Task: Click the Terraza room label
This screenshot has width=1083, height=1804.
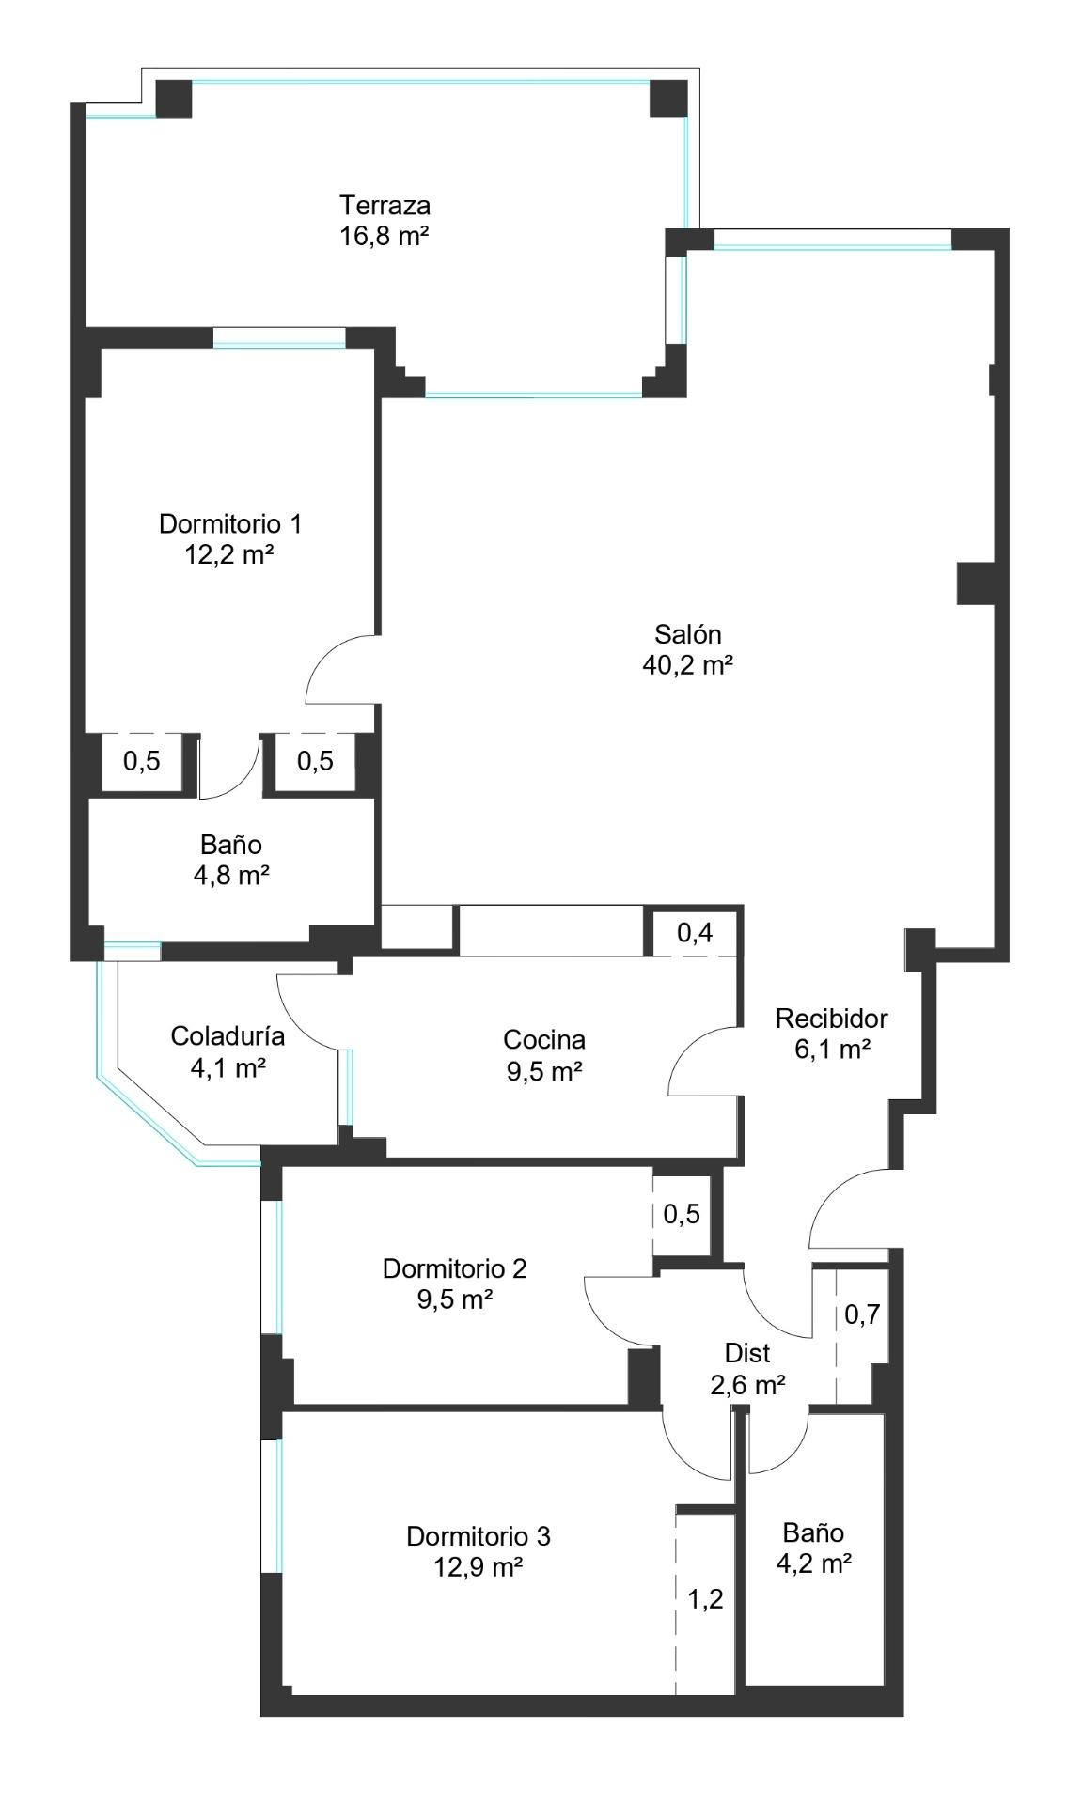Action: pyautogui.click(x=385, y=205)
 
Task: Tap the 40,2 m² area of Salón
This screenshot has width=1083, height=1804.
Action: pyautogui.click(x=688, y=665)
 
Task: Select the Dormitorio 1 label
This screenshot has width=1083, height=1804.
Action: pyautogui.click(x=230, y=523)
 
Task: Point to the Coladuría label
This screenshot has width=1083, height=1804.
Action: pyautogui.click(x=228, y=1036)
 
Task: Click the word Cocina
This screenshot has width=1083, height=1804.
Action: pyautogui.click(x=544, y=1039)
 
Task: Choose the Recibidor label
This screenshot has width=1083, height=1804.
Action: pyautogui.click(x=832, y=1018)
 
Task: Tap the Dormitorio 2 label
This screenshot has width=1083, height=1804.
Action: pyautogui.click(x=454, y=1268)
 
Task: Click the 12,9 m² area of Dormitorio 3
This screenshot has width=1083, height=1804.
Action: pyautogui.click(x=479, y=1567)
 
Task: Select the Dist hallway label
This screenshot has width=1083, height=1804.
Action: pyautogui.click(x=747, y=1353)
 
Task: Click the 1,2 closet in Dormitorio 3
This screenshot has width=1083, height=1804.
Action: pyautogui.click(x=706, y=1599)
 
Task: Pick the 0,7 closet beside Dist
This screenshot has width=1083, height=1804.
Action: pyautogui.click(x=862, y=1314)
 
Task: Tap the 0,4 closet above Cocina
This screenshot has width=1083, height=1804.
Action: pyautogui.click(x=695, y=933)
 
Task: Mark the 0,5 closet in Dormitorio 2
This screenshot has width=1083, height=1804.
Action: pyautogui.click(x=682, y=1214)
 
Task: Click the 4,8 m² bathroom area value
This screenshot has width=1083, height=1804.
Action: pyautogui.click(x=231, y=876)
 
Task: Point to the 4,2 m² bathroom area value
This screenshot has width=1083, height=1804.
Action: pyautogui.click(x=814, y=1563)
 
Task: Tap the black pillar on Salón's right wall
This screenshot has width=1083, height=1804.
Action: pyautogui.click(x=976, y=583)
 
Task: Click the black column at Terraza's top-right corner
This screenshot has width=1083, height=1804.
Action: pyautogui.click(x=668, y=99)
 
